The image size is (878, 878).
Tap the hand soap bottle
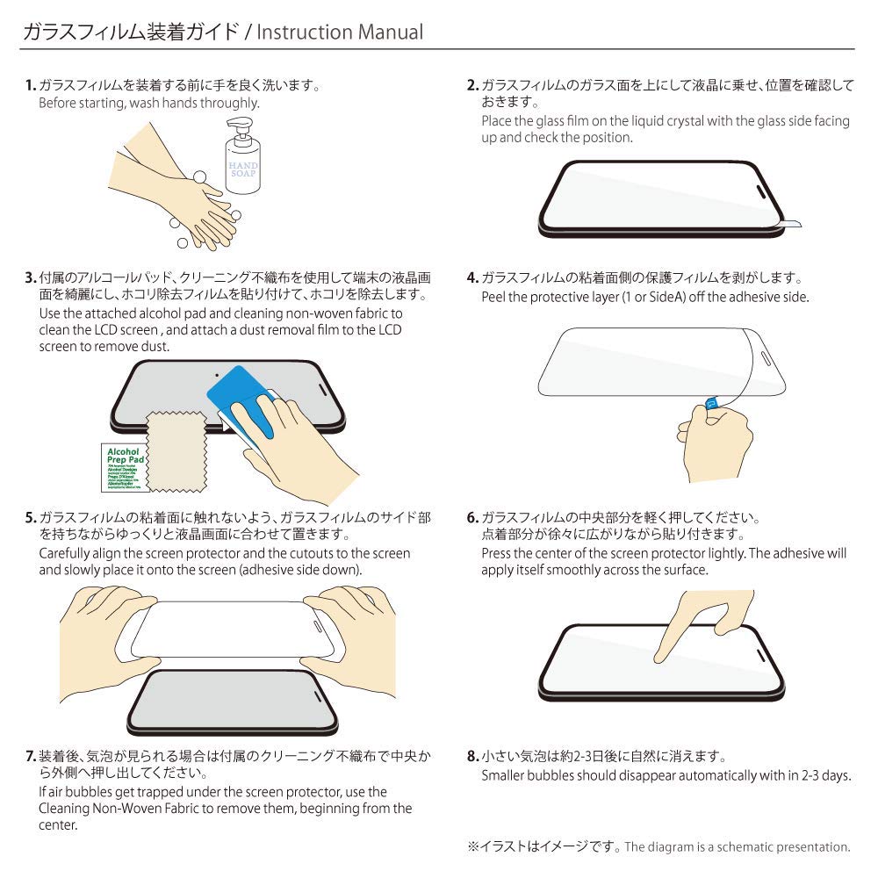pyautogui.click(x=241, y=167)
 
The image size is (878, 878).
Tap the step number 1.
pyautogui.click(x=30, y=86)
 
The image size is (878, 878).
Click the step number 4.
pyautogui.click(x=471, y=279)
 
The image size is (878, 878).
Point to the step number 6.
pyautogui.click(x=471, y=518)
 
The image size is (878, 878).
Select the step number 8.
pyautogui.click(x=471, y=756)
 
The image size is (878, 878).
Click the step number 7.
pyautogui.click(x=30, y=756)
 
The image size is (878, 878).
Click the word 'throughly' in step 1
pyautogui.click(x=231, y=104)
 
